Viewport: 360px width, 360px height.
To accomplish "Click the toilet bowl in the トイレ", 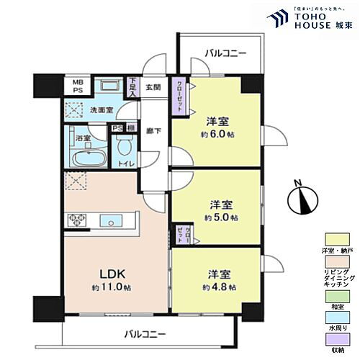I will click(x=125, y=149).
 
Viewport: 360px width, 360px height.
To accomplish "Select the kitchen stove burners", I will click(x=76, y=220).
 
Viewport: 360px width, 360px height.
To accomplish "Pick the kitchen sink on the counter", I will click(x=108, y=220).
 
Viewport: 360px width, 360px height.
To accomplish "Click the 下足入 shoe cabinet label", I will click(x=133, y=87).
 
